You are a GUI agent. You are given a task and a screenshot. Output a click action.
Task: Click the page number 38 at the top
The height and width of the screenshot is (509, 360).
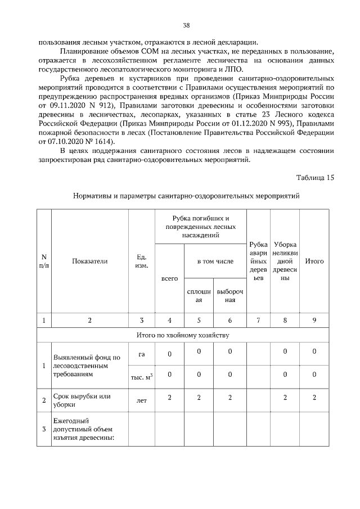(186, 25)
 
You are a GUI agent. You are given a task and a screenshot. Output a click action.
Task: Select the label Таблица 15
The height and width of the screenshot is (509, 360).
(315, 178)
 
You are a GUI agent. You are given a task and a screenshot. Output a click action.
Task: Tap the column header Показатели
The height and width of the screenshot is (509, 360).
(89, 261)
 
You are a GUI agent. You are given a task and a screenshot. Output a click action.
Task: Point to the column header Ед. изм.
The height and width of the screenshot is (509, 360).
(142, 261)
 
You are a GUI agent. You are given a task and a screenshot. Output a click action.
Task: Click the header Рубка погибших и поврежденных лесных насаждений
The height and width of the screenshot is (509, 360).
(200, 227)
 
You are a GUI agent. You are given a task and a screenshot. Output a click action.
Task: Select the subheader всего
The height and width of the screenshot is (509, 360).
(169, 278)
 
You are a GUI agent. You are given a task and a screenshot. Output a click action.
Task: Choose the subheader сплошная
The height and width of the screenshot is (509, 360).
(199, 296)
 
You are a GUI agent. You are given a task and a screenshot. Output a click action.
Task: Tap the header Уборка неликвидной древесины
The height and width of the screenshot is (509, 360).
(285, 262)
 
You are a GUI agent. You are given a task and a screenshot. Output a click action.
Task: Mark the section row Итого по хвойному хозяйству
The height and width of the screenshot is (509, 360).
(186, 335)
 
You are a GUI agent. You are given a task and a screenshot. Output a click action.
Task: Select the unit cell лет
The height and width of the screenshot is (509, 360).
(142, 402)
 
